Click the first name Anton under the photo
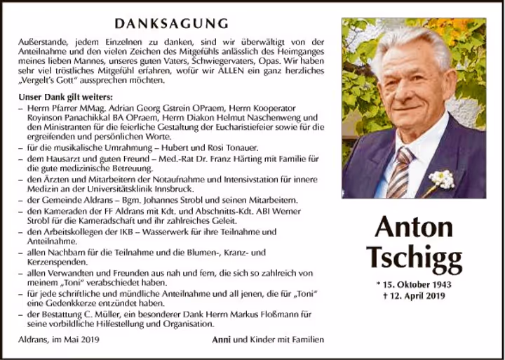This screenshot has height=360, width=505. (x=413, y=227)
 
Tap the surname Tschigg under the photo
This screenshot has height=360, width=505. (x=414, y=258)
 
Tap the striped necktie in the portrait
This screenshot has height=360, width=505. (x=400, y=173)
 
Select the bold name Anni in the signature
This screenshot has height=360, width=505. (x=222, y=340)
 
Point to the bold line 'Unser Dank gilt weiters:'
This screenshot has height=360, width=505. (x=65, y=96)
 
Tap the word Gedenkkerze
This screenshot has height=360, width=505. (x=58, y=302)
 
